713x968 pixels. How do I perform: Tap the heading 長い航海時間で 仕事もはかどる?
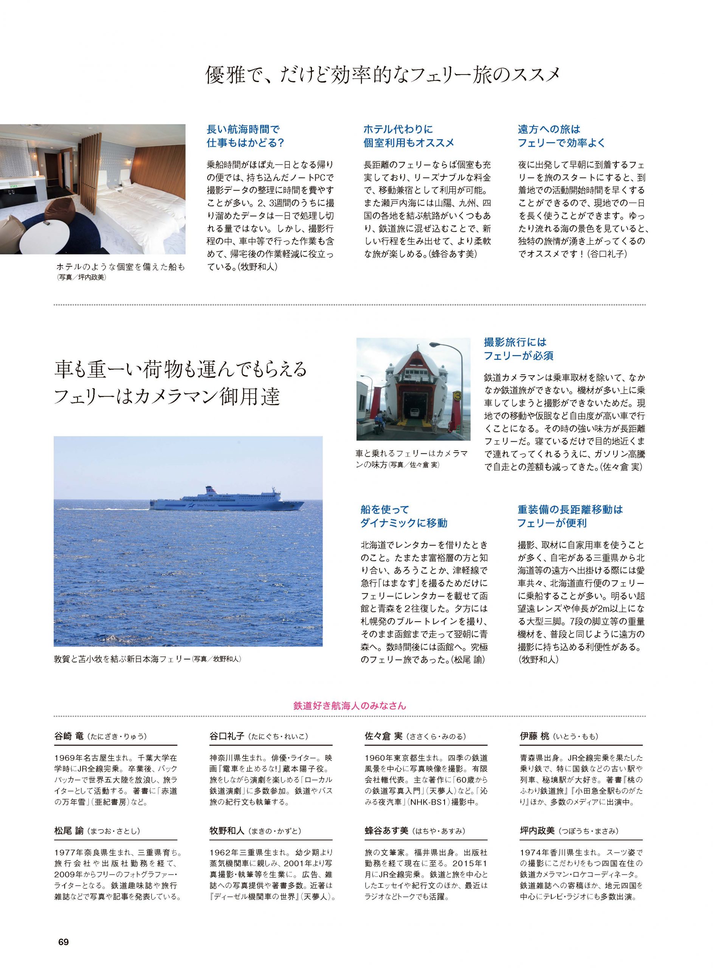(246, 136)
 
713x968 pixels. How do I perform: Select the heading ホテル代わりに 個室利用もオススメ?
(408, 136)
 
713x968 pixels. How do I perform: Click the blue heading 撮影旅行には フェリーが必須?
(518, 349)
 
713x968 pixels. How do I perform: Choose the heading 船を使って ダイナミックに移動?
(404, 516)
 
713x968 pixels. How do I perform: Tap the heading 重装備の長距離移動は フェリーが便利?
(570, 516)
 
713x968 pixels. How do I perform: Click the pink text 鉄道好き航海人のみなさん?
(349, 706)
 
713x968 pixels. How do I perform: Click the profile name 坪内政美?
(538, 831)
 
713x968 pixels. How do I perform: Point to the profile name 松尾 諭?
(70, 831)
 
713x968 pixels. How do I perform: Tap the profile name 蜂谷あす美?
(387, 831)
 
